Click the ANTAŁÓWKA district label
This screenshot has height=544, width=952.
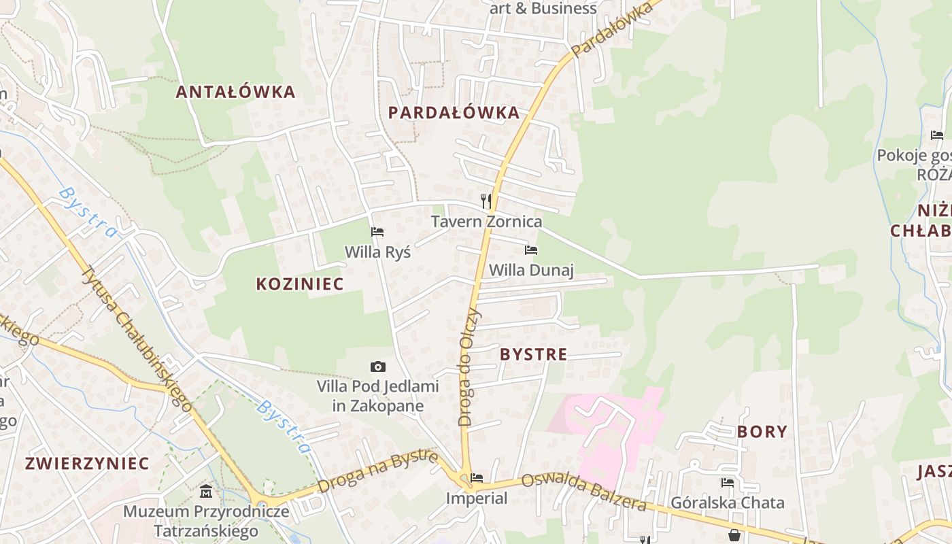point(235,92)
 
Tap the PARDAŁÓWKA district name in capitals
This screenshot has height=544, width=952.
point(454,113)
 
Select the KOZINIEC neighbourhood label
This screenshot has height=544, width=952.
point(300,284)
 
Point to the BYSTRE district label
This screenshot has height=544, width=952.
point(533,354)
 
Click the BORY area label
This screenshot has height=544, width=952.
point(762,432)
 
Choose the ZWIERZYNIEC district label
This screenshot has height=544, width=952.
point(87,464)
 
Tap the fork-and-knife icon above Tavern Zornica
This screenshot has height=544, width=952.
point(486,201)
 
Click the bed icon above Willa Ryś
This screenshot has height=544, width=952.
point(377,232)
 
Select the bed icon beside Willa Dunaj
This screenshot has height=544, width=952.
point(531,250)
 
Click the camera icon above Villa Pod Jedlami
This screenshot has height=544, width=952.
point(377,367)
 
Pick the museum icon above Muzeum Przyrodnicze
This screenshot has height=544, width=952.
point(206,490)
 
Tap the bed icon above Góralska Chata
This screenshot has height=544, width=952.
point(728,483)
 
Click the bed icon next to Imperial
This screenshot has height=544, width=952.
point(477,478)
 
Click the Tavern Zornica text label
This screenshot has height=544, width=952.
point(487,222)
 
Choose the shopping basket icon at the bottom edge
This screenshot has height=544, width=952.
point(734,536)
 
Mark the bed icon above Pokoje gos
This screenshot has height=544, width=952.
point(937,135)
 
